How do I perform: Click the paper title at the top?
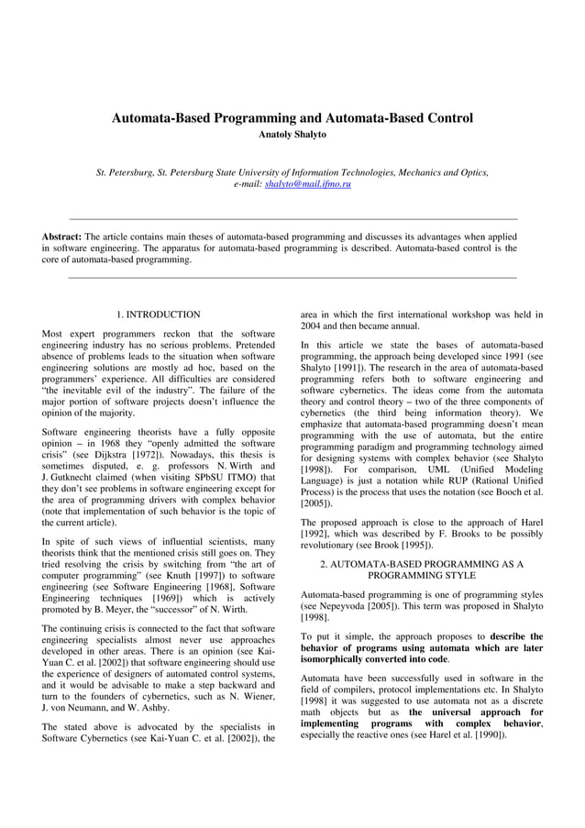click(x=292, y=118)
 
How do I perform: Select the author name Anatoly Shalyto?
click(x=292, y=136)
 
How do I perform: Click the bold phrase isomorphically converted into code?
click(x=376, y=658)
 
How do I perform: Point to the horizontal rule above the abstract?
click(x=292, y=218)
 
